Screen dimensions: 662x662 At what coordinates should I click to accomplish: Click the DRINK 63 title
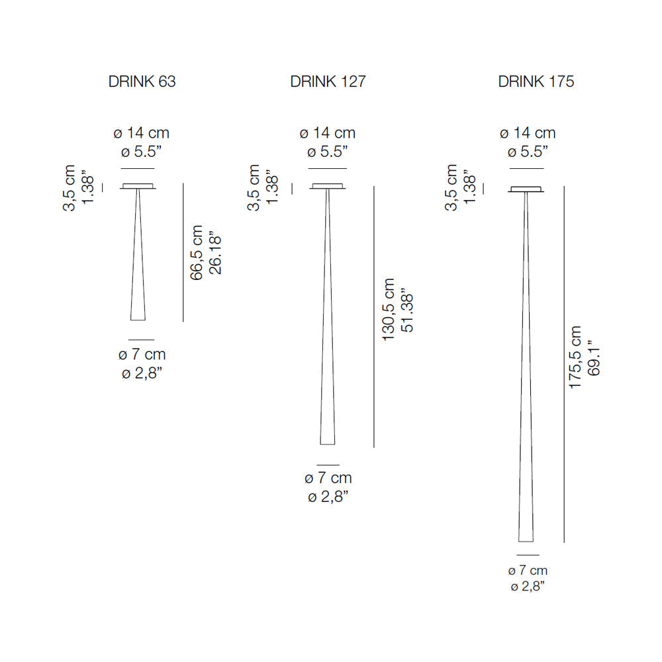click(x=142, y=81)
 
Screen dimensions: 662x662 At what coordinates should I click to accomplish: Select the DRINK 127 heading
click(x=328, y=81)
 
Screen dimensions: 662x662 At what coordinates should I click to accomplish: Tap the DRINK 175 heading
click(x=536, y=81)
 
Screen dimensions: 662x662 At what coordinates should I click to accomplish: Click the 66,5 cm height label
click(x=197, y=252)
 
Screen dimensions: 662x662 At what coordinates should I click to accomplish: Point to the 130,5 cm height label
click(x=389, y=309)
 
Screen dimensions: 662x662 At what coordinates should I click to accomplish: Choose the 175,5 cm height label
click(x=575, y=357)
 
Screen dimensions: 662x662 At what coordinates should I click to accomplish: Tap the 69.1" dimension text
click(x=594, y=358)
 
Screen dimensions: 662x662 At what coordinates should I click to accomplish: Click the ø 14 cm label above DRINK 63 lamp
click(x=142, y=133)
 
